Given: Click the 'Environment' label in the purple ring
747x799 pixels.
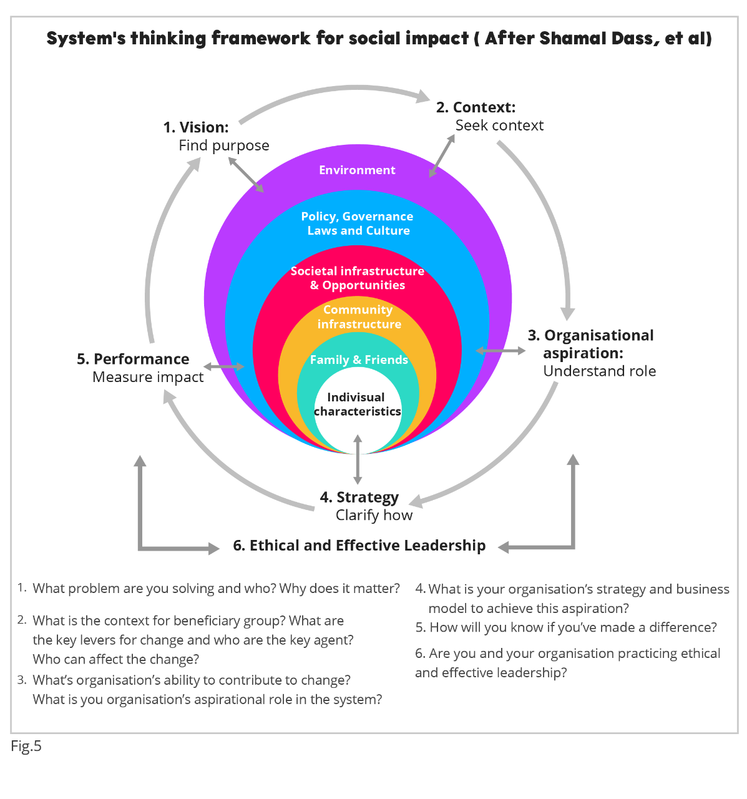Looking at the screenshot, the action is point(357,170).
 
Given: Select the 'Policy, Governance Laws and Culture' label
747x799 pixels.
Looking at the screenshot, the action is point(357,223).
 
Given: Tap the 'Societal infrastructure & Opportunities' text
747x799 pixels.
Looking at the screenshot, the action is point(357,278).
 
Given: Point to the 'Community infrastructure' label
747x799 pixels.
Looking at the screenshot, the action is point(359,316).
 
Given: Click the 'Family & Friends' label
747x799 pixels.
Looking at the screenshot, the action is point(359,360).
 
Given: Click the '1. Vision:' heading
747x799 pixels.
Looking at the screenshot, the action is point(196,127).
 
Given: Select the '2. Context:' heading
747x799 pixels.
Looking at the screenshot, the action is point(476,107).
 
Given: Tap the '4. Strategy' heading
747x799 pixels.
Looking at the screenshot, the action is point(359,498).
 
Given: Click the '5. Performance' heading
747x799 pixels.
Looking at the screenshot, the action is point(133,359).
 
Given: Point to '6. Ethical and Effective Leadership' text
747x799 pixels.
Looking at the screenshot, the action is point(359,545).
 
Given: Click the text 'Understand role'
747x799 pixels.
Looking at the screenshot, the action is point(599,371).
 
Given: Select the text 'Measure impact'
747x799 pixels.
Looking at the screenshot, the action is point(148,377).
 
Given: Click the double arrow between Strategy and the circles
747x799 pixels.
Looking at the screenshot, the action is point(357,459).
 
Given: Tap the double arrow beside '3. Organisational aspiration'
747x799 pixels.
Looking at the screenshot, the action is point(500,351).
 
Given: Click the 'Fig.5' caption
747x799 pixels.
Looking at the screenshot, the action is point(26,746).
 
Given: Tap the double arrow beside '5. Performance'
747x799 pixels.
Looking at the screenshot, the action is point(223,366).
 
